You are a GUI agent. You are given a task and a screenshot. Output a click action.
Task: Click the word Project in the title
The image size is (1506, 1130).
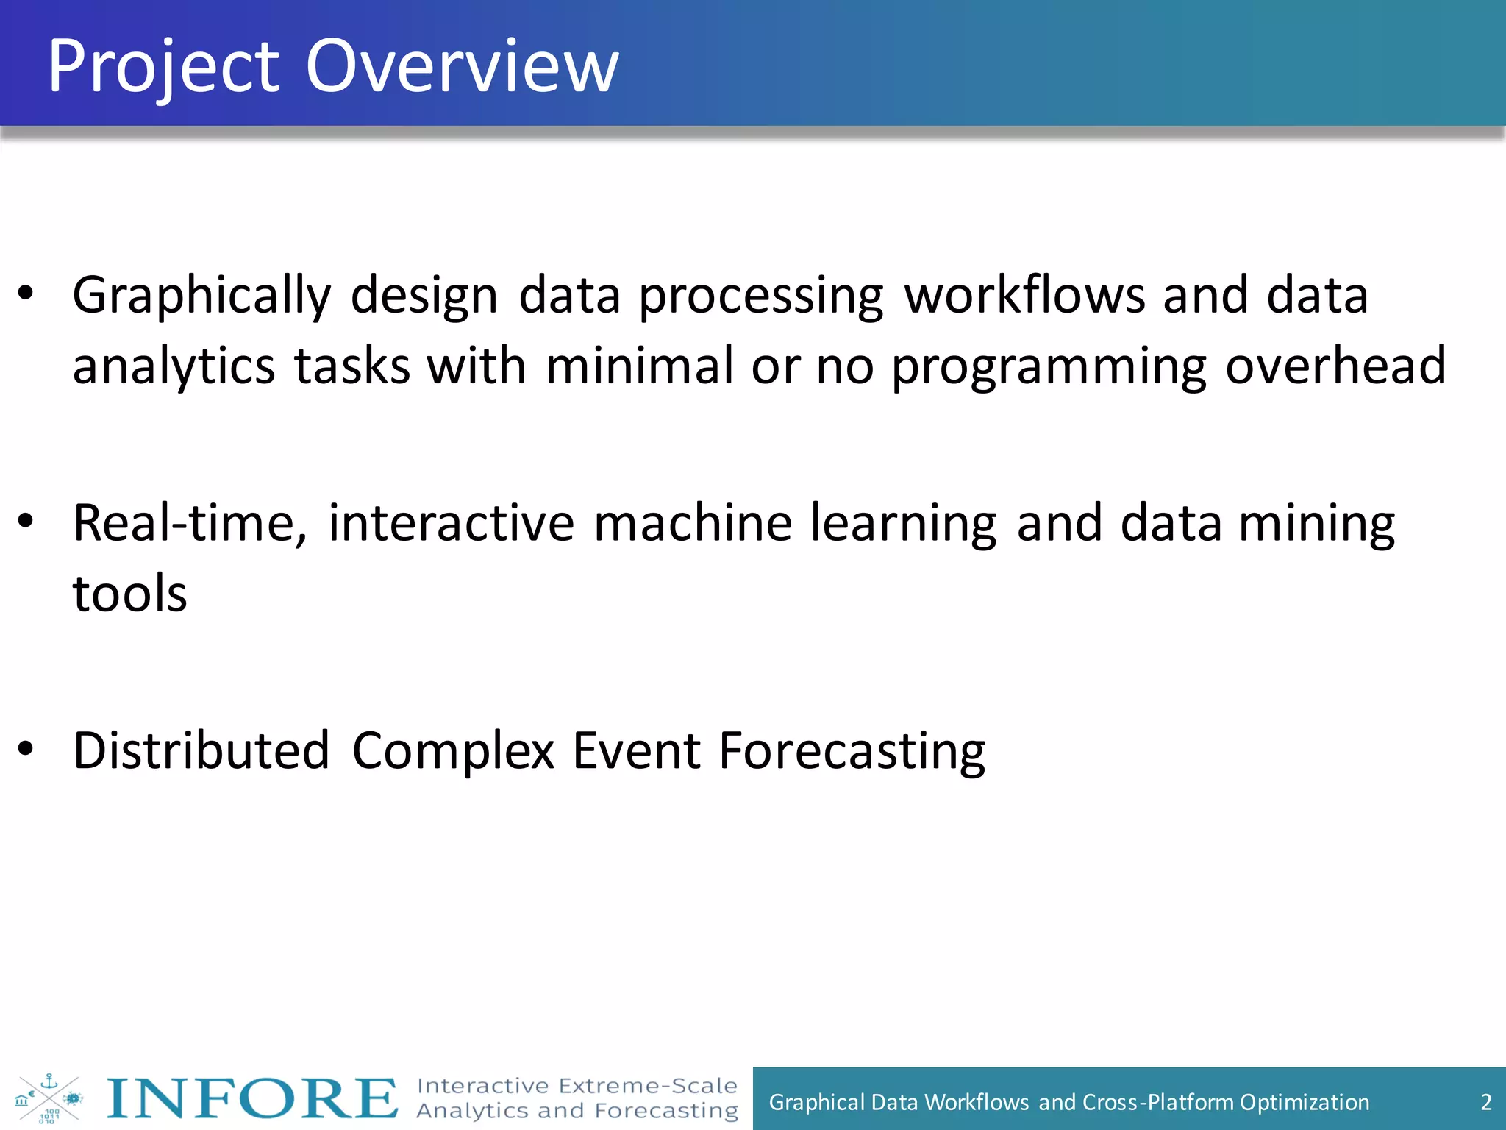(x=163, y=68)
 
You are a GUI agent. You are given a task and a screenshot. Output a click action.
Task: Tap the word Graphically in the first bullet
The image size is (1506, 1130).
(x=201, y=296)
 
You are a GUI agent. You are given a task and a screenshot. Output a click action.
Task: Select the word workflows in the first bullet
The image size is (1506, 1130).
(x=1024, y=295)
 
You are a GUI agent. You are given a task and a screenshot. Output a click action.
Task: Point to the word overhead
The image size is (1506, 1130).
(x=1335, y=366)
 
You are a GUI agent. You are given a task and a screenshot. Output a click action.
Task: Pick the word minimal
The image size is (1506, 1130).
(x=639, y=366)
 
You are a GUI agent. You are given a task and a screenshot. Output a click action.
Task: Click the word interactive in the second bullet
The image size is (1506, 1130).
(x=451, y=523)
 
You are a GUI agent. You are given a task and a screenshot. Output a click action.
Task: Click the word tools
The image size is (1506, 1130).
(x=130, y=594)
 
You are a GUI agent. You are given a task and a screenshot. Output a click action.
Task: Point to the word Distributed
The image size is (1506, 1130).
(x=201, y=751)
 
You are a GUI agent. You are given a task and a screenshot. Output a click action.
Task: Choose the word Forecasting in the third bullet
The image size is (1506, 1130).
(x=852, y=753)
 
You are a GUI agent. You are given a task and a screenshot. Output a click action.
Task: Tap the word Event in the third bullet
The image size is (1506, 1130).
(x=636, y=751)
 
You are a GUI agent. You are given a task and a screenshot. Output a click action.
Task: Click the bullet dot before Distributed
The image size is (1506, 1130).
(x=26, y=749)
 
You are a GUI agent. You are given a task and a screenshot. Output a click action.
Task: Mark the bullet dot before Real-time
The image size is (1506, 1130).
(x=26, y=521)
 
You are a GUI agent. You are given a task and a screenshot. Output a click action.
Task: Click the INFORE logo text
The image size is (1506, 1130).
(x=252, y=1098)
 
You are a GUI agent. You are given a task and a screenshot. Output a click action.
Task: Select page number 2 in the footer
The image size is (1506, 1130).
(x=1485, y=1102)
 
